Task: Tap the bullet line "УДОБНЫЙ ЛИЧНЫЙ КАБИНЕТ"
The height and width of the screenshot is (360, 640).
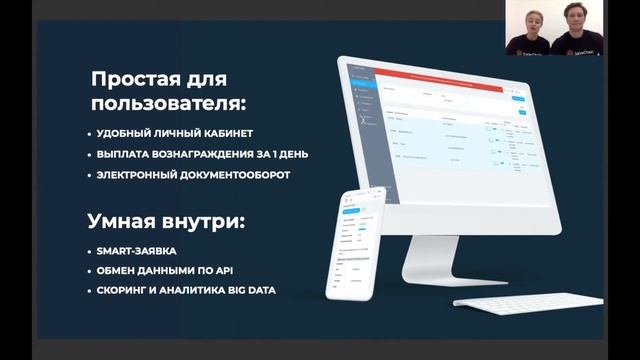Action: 175,133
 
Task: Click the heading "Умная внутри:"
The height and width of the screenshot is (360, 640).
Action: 166,222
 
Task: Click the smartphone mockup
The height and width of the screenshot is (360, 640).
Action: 364,239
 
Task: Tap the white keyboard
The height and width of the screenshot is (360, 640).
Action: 527,302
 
